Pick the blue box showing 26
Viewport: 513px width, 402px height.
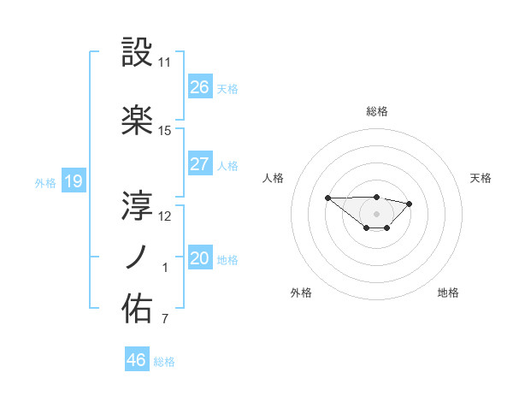click(x=200, y=87)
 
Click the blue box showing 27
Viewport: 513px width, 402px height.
click(x=200, y=164)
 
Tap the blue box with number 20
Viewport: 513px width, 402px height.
click(x=200, y=258)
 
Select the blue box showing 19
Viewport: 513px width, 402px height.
click(x=73, y=181)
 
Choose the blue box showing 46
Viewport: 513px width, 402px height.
click(x=137, y=360)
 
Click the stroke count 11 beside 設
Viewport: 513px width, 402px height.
click(x=164, y=62)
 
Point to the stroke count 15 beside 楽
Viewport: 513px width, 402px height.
click(x=165, y=131)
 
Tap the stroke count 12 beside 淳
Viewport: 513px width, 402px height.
click(x=165, y=216)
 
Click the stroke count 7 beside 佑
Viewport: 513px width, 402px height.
click(x=164, y=320)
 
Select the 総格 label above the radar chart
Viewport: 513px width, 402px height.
click(x=376, y=111)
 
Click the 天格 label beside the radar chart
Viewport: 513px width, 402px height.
click(x=481, y=178)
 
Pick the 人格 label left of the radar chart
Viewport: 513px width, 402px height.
click(x=273, y=178)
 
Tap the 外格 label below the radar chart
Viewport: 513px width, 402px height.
click(x=301, y=293)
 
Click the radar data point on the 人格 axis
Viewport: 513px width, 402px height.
click(x=327, y=198)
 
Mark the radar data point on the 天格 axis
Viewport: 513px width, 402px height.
click(x=410, y=204)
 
